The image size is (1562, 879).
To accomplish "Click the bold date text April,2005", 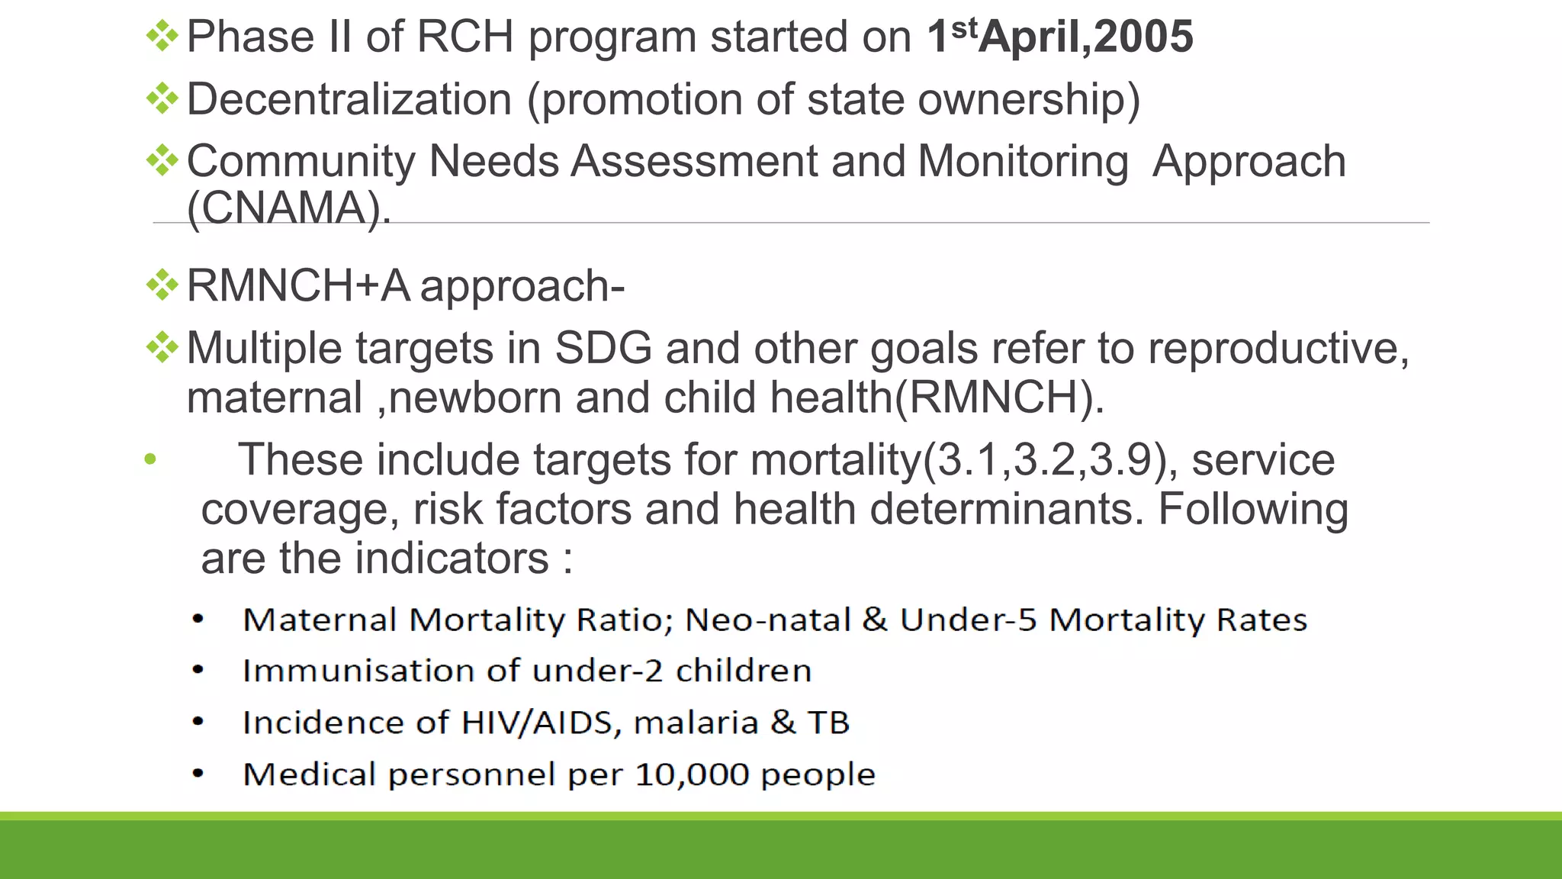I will [1086, 37].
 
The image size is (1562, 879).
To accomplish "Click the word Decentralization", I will [349, 99].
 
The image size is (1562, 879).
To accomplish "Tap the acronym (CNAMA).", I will [288, 208].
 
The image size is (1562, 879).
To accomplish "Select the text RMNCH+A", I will [297, 286].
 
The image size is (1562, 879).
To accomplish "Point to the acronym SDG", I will [603, 349].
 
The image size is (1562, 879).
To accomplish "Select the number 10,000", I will [692, 774].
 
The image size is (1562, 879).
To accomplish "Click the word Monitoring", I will [1022, 162].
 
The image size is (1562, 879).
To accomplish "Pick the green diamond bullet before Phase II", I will [162, 36].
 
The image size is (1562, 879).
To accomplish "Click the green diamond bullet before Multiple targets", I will [162, 348].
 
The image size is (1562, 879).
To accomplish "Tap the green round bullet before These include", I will [150, 459].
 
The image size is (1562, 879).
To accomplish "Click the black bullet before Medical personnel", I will [198, 774].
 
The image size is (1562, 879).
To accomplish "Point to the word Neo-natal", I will [767, 620].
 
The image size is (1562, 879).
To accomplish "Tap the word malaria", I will [696, 723].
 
